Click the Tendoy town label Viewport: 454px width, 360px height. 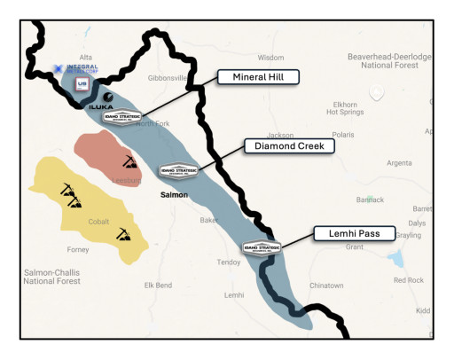pos(231,262)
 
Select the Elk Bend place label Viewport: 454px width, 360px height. pos(158,286)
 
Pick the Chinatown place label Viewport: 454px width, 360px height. pos(326,286)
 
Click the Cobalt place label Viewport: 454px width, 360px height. pos(99,223)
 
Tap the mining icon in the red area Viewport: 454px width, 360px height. pos(129,162)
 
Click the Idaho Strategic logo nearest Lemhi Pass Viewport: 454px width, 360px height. pos(262,248)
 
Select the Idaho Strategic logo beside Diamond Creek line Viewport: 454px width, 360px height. pos(176,170)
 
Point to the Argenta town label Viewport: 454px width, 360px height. pos(400,163)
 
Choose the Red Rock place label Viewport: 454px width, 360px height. pos(409,280)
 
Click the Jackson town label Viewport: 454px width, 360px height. pos(280,136)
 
